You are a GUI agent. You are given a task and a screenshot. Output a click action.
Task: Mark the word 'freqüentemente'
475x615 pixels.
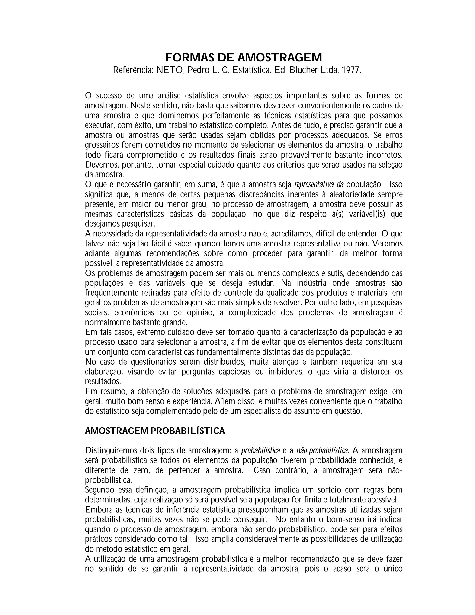click(x=112, y=293)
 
